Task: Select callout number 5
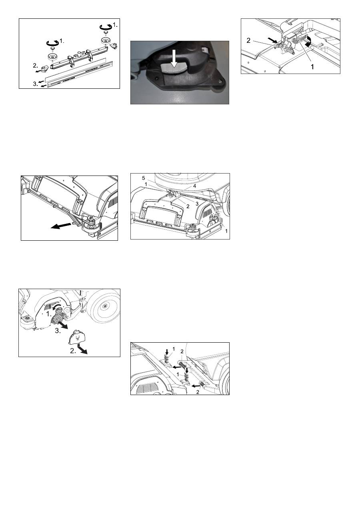point(144,178)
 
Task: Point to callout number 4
point(195,186)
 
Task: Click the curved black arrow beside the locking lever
point(309,41)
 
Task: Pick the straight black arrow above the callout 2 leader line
point(273,40)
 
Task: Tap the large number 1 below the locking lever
point(312,67)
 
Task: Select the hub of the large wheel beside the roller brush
point(105,306)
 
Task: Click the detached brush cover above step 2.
point(76,339)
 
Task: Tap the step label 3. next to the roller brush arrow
point(58,331)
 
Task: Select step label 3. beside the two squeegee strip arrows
point(36,84)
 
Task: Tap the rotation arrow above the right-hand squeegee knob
point(106,26)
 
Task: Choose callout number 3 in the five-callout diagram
point(197,204)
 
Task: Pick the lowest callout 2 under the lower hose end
point(198,392)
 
